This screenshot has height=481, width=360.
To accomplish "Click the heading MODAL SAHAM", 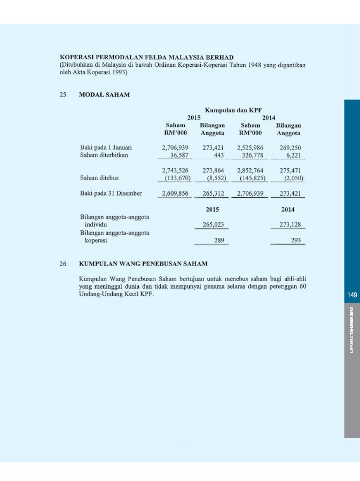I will click(104, 95).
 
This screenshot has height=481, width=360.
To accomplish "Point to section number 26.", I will click(64, 263).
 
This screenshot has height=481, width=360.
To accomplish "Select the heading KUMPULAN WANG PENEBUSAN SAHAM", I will click(143, 263).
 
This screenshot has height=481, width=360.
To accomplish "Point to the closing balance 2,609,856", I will click(175, 193).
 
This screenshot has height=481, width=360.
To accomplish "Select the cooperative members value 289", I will click(218, 241).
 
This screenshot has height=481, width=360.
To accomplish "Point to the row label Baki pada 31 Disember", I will click(111, 193).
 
